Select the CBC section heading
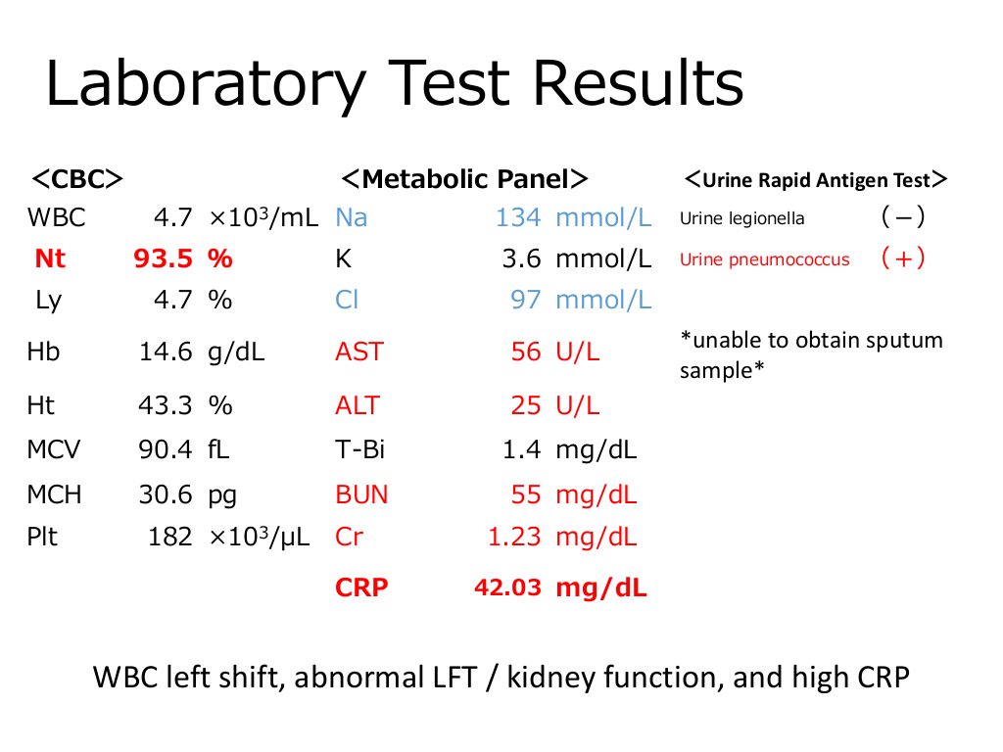tap(77, 179)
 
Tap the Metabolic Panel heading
tap(464, 179)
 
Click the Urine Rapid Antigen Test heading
tap(816, 180)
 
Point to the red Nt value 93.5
tap(163, 258)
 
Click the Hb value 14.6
tap(165, 352)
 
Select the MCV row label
tap(54, 450)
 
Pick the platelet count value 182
tap(169, 537)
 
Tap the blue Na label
tap(351, 217)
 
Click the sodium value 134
tap(518, 217)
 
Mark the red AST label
tap(358, 352)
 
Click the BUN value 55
tap(526, 494)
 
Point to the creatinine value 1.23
tap(514, 537)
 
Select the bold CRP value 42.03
tap(507, 587)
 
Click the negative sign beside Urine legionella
tap(902, 217)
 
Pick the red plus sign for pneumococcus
tap(902, 259)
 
